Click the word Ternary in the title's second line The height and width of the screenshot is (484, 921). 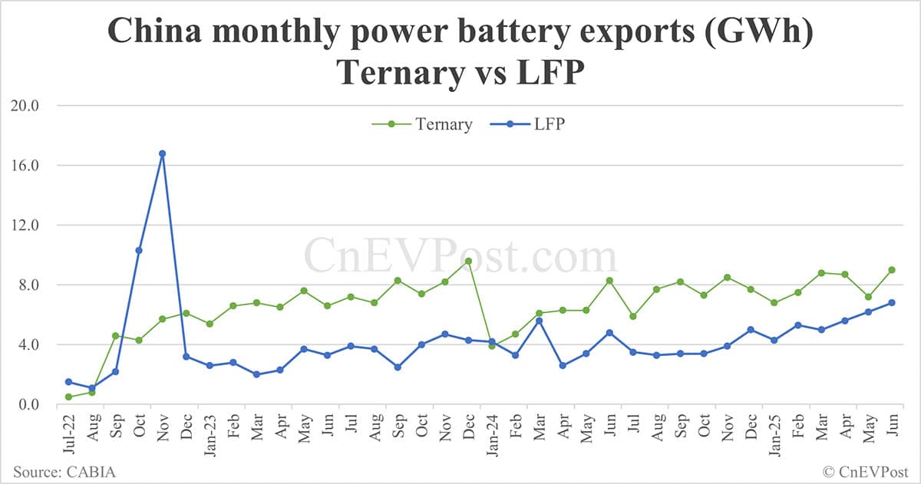point(393,73)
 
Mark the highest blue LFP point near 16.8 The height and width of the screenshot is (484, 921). point(162,153)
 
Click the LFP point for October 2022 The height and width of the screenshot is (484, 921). point(139,250)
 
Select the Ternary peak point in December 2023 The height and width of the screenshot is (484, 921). point(467,261)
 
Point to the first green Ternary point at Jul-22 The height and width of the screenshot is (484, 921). point(68,397)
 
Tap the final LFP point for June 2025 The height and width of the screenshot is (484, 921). point(891,302)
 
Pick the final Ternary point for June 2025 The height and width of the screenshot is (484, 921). point(891,269)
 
